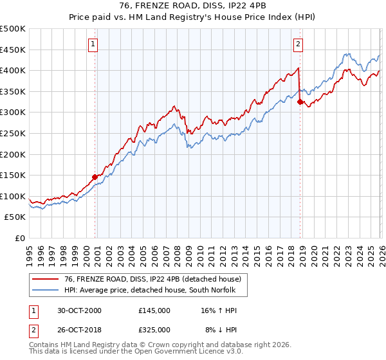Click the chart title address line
[x=193, y=6]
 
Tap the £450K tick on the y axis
[x=13, y=50]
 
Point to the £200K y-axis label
[x=13, y=154]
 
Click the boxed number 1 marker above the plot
[x=94, y=44]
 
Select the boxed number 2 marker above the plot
[x=299, y=44]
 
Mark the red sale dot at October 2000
[x=95, y=177]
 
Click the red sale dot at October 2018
[x=300, y=101]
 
